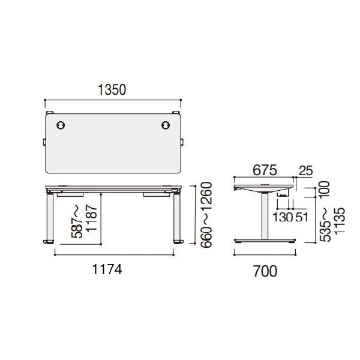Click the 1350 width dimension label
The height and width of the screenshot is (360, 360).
pos(112,90)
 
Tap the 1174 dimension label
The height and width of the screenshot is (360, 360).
pos(107,269)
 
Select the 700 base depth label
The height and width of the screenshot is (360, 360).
pos(265,271)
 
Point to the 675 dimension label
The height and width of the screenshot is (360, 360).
pos(265,170)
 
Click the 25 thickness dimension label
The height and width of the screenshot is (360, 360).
pos(305,170)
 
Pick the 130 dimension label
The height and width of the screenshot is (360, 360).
pos(283,217)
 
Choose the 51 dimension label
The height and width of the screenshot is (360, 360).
pos(301,217)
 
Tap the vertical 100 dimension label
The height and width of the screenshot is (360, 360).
pos(325,189)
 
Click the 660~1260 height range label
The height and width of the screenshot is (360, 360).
pos(206,215)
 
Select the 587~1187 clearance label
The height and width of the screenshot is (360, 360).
pos(85,221)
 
